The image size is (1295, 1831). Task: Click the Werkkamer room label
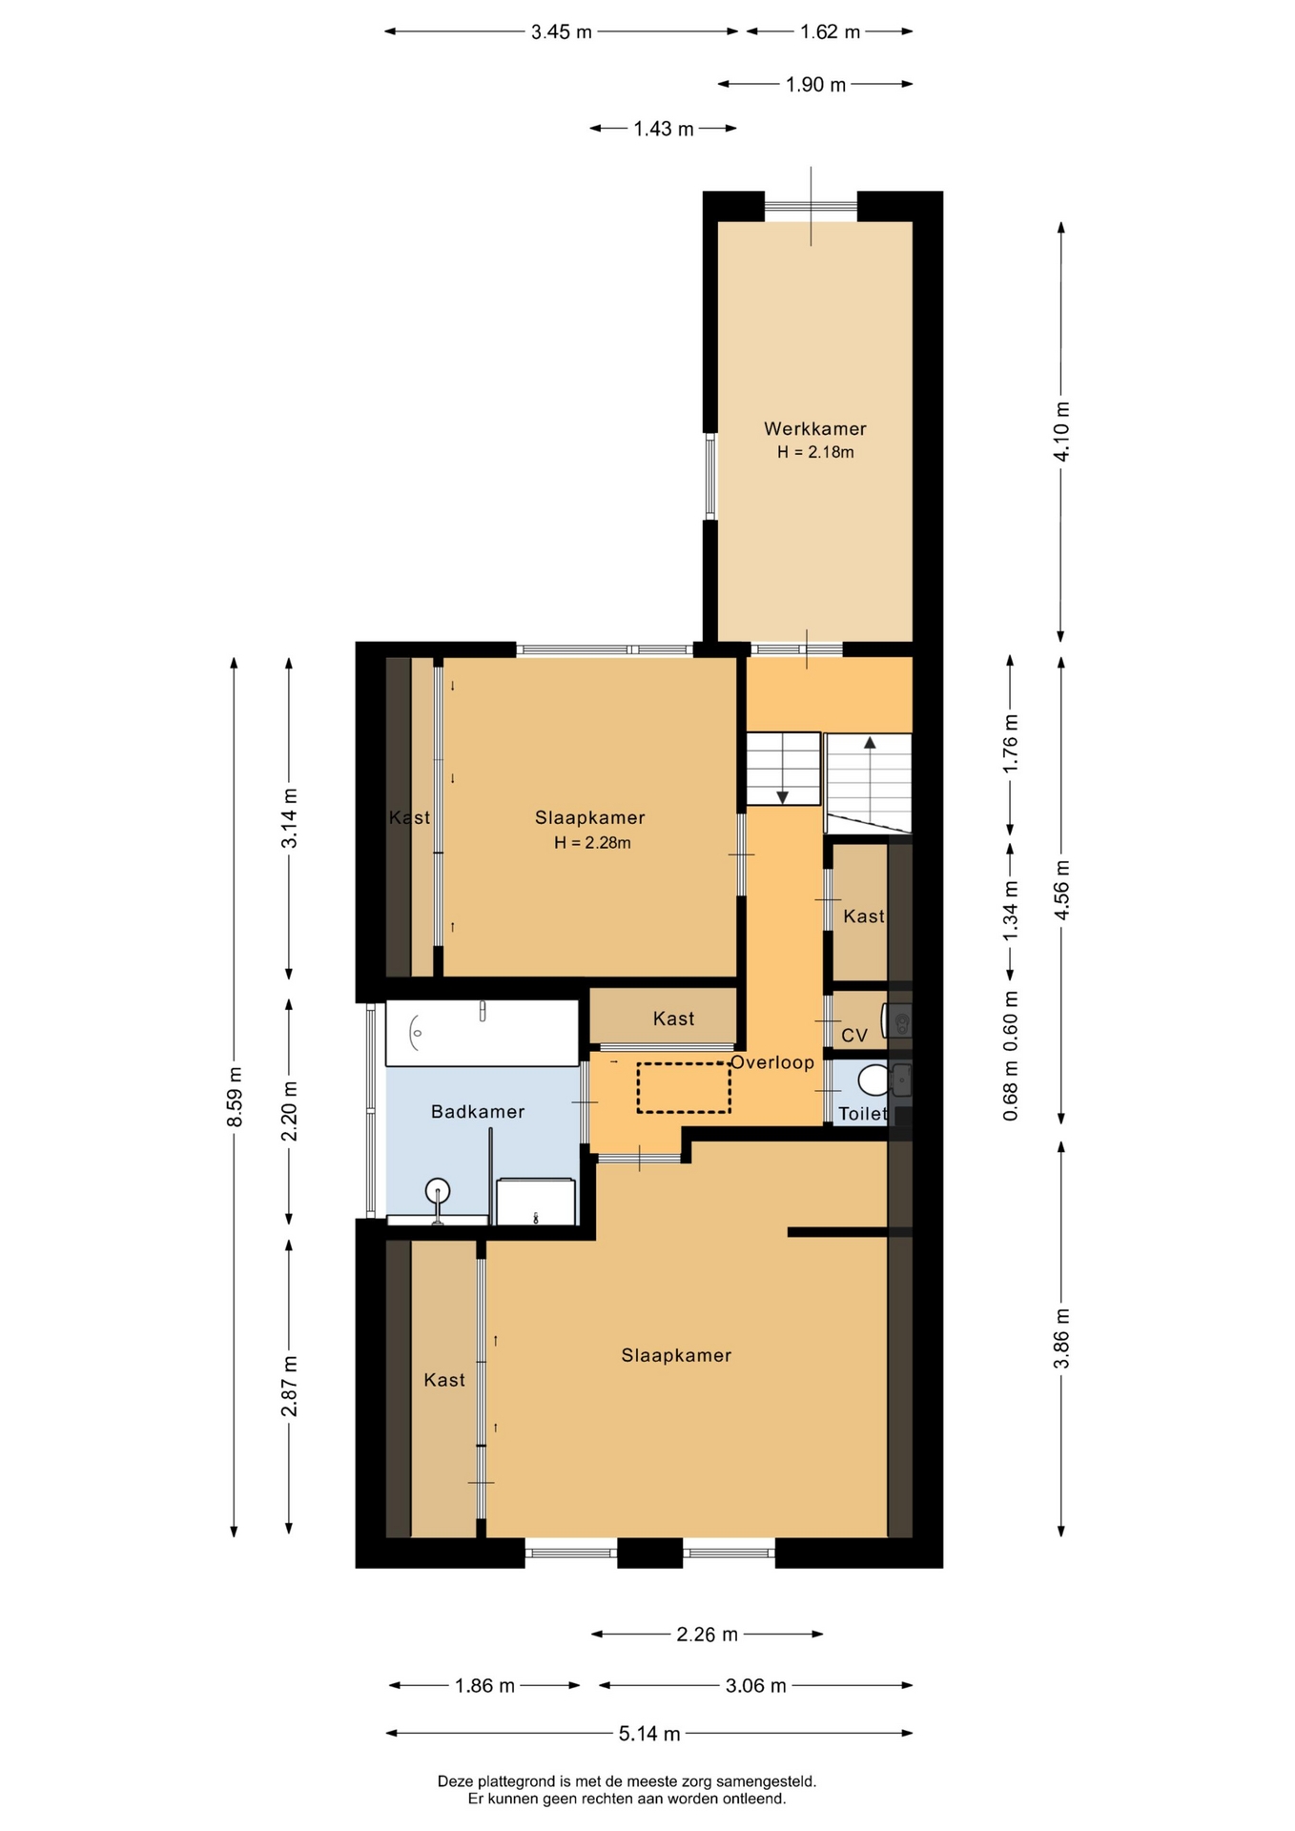pyautogui.click(x=814, y=429)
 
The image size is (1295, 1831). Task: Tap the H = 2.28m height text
pyautogui.click(x=592, y=843)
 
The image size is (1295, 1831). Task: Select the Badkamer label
pyautogui.click(x=478, y=1112)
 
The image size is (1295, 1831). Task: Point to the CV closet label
pyautogui.click(x=854, y=1036)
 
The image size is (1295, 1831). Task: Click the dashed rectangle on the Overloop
pyautogui.click(x=684, y=1087)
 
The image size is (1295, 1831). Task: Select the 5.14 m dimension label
pyautogui.click(x=649, y=1734)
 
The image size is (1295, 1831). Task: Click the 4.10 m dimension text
pyautogui.click(x=1061, y=431)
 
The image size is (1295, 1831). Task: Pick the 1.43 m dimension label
pyautogui.click(x=664, y=129)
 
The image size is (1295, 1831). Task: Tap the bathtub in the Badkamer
pyautogui.click(x=483, y=1033)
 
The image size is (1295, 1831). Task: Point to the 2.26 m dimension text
pyautogui.click(x=708, y=1635)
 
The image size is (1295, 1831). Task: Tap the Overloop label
pyautogui.click(x=772, y=1062)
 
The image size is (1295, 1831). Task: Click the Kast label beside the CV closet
pyautogui.click(x=864, y=916)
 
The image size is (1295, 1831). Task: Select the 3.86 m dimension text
pyautogui.click(x=1061, y=1339)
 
